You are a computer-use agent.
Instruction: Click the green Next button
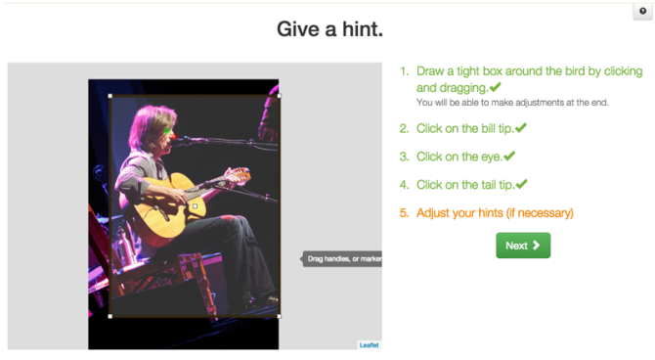(523, 246)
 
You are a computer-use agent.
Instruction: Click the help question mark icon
(642, 11)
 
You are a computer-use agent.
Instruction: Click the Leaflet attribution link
(369, 344)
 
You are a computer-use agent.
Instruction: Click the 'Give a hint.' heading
(329, 29)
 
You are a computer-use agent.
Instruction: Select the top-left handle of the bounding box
(109, 96)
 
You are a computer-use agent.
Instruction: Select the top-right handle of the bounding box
(280, 96)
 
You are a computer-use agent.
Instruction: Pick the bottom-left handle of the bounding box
(109, 316)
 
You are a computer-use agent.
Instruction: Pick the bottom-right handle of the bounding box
(280, 316)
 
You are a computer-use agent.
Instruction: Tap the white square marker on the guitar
(195, 205)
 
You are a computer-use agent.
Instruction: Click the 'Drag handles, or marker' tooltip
(341, 259)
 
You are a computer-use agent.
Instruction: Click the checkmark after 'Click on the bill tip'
(521, 128)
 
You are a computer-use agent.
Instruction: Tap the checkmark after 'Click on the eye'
(509, 156)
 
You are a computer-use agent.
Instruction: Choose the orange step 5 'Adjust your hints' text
(495, 212)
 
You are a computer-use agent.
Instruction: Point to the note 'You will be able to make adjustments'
(512, 103)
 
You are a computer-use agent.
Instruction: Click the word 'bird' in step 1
(595, 71)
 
